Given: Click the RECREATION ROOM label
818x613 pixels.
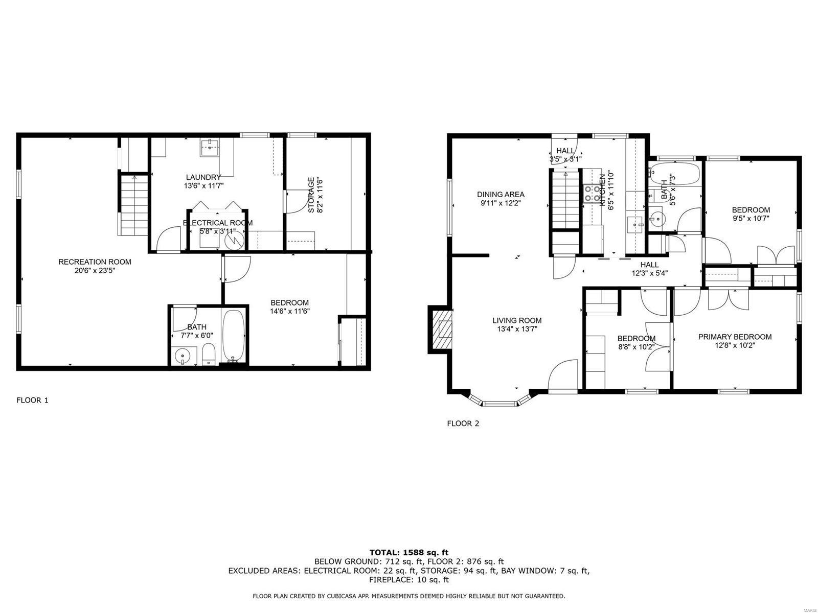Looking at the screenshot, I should click(x=95, y=262).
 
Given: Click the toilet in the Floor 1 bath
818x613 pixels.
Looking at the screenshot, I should click(x=209, y=354).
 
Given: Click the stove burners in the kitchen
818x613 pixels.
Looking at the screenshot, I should click(x=593, y=193).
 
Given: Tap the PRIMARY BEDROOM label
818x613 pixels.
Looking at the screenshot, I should click(x=735, y=337).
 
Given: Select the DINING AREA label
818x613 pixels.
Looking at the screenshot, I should click(x=501, y=194).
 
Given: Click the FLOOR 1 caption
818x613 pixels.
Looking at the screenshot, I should click(x=32, y=400).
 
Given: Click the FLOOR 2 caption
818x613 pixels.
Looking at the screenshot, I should click(x=463, y=423).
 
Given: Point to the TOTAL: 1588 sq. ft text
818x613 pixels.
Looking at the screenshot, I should click(x=408, y=552).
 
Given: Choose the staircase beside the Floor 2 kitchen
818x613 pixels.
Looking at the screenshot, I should click(x=565, y=201).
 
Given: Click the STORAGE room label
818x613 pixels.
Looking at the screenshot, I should click(x=311, y=195).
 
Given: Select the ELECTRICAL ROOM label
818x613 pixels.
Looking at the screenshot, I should click(x=217, y=223).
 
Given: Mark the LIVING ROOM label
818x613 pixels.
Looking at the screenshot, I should click(x=517, y=320).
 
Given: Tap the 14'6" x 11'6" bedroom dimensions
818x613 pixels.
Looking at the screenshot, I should click(x=290, y=311).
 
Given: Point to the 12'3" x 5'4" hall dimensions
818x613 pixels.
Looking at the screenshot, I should click(x=649, y=273).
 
